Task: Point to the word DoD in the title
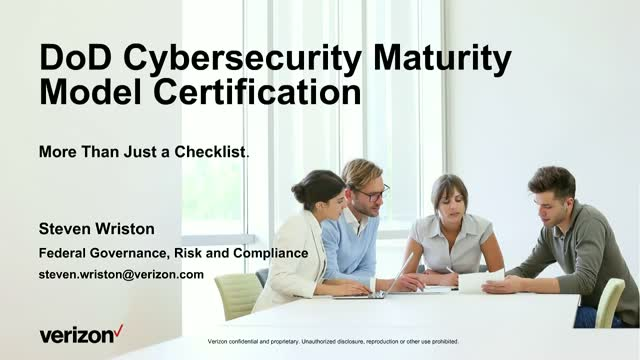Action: coord(74,60)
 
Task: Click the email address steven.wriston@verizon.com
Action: coord(121,273)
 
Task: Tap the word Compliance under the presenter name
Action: coord(268,253)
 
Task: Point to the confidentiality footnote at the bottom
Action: coord(334,341)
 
